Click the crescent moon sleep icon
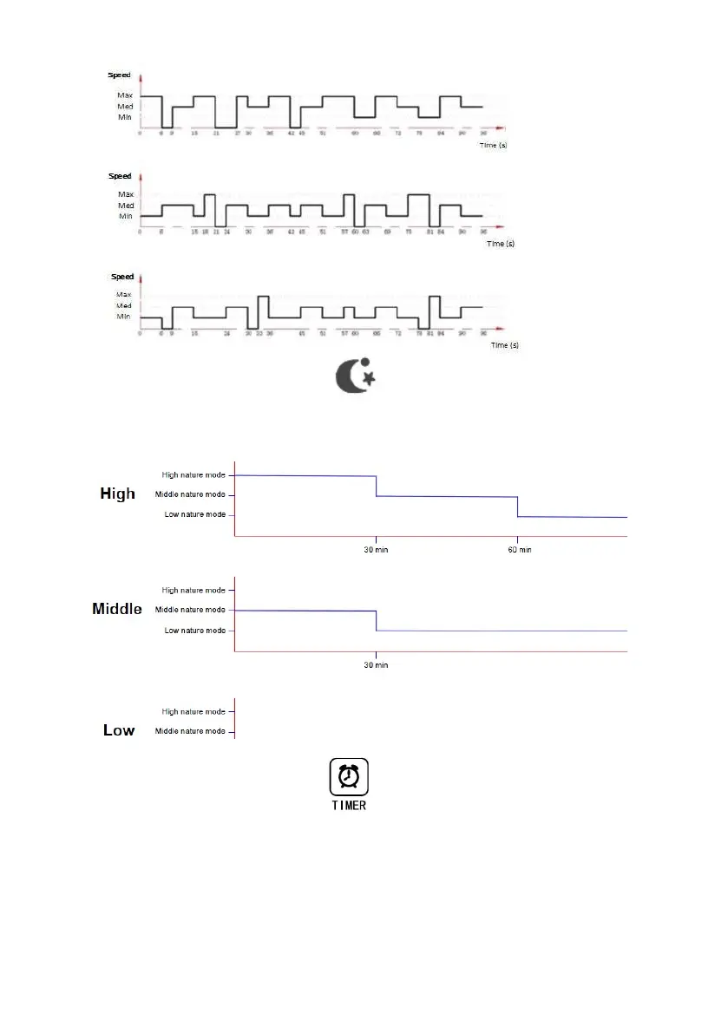click(x=351, y=376)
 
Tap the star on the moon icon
click(x=368, y=378)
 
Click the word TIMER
click(x=348, y=805)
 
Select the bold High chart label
click(x=118, y=494)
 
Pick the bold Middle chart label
click(x=117, y=609)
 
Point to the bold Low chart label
click(x=119, y=730)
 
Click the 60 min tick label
click(x=518, y=550)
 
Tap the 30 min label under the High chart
click(x=376, y=550)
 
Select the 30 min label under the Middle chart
click(x=376, y=664)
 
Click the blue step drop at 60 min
click(x=518, y=507)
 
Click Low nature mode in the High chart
click(x=195, y=515)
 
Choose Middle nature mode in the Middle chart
click(x=191, y=610)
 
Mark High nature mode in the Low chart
click(x=193, y=711)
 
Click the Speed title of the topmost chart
click(x=119, y=75)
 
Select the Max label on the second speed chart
click(x=126, y=194)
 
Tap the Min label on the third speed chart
click(x=124, y=317)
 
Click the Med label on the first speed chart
click(x=126, y=107)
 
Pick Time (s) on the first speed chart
click(x=493, y=145)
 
